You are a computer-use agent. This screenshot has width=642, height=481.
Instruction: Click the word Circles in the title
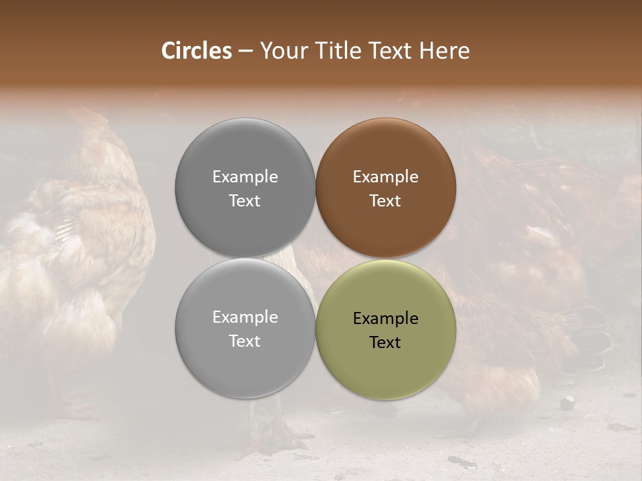click(196, 51)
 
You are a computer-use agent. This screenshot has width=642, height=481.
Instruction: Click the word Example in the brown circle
click(385, 176)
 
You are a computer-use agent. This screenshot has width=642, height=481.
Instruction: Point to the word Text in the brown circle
click(385, 200)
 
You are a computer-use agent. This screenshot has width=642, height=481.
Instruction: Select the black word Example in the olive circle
click(385, 318)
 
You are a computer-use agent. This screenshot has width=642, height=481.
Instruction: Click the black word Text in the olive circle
click(385, 342)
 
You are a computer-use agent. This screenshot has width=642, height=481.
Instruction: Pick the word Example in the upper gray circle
click(245, 176)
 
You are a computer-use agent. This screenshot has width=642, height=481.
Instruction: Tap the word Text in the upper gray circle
click(245, 200)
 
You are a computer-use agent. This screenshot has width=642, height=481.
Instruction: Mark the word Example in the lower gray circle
click(245, 317)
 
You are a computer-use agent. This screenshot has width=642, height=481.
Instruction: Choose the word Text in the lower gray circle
click(245, 341)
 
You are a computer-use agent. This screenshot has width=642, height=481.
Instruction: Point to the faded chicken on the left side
click(74, 254)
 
